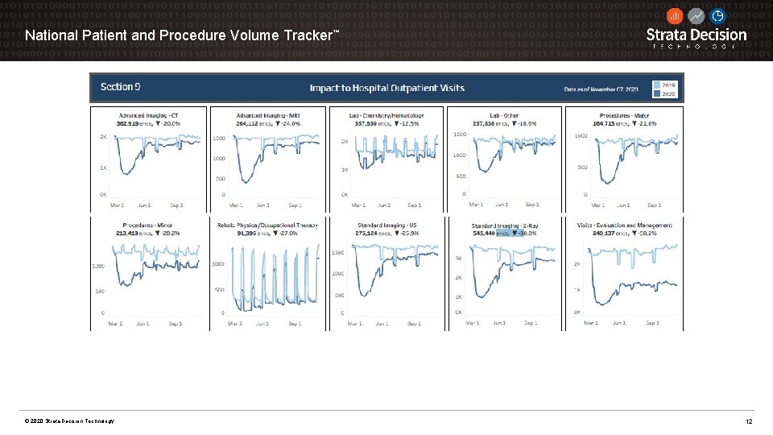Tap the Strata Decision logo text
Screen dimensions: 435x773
pyautogui.click(x=697, y=35)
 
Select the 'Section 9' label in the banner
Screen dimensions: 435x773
pyautogui.click(x=121, y=87)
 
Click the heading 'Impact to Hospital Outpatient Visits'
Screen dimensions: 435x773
pyautogui.click(x=386, y=88)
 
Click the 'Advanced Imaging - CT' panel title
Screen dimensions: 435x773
pyautogui.click(x=149, y=115)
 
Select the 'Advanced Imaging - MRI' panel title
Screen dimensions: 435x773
pyautogui.click(x=268, y=115)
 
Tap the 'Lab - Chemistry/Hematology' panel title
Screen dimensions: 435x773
pyautogui.click(x=386, y=115)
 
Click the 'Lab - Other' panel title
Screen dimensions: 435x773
pyautogui.click(x=504, y=115)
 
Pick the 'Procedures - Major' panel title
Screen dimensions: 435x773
pyautogui.click(x=624, y=115)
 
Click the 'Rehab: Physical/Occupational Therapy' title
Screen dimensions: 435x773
pyautogui.click(x=267, y=225)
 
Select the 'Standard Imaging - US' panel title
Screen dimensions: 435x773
pyautogui.click(x=386, y=225)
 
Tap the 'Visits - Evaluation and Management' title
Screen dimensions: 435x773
pyautogui.click(x=624, y=225)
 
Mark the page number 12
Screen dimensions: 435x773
pyautogui.click(x=749, y=422)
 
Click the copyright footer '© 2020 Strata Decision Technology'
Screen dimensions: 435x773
pyautogui.click(x=69, y=422)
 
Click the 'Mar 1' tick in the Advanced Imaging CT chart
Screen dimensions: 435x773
pyautogui.click(x=118, y=205)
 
